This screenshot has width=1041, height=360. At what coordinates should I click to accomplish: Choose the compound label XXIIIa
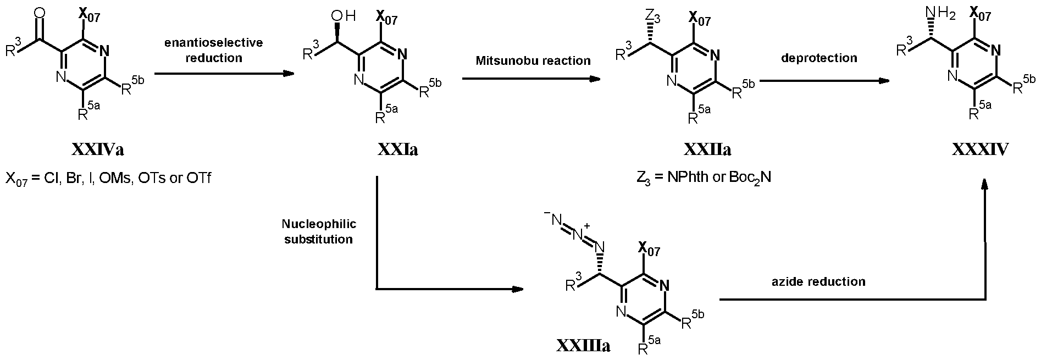pos(583,346)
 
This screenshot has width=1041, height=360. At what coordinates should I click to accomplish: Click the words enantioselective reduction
pos(214,50)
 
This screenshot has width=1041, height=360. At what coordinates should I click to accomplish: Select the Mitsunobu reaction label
pos(533,60)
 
